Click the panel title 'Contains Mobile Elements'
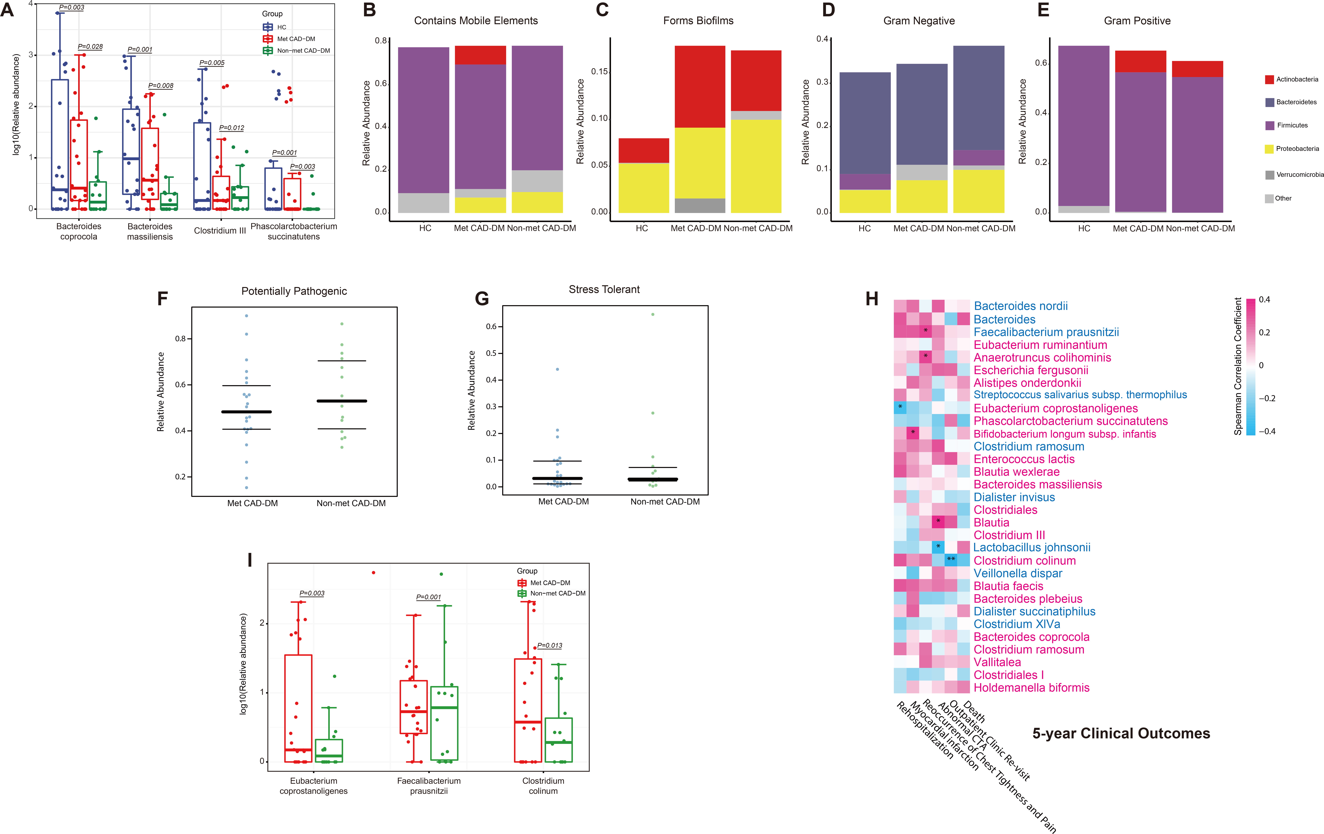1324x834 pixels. (x=476, y=21)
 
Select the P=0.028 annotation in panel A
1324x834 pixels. (x=90, y=47)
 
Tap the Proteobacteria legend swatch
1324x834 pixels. (x=1270, y=149)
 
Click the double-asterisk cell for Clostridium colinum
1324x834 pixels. (x=951, y=559)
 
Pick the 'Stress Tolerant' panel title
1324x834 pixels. (x=604, y=289)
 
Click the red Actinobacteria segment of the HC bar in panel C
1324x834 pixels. (x=643, y=150)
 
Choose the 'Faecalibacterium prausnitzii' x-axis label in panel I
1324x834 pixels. (x=429, y=786)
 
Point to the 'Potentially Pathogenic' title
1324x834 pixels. (x=294, y=291)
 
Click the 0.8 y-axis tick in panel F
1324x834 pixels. (x=180, y=339)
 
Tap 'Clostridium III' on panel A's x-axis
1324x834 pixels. (x=220, y=230)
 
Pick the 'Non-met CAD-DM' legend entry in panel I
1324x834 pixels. (x=557, y=594)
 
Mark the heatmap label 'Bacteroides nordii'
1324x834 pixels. (x=1020, y=306)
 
